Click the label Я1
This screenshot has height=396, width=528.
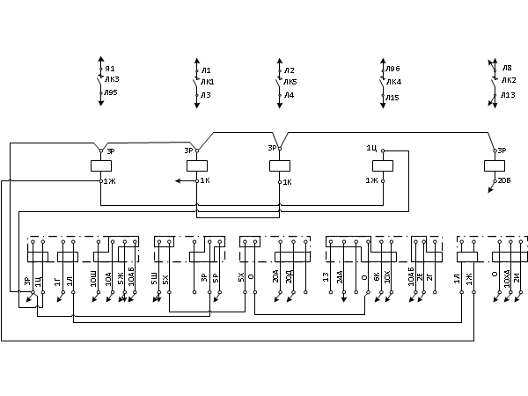pos(110,69)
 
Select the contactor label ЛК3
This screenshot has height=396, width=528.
pos(112,79)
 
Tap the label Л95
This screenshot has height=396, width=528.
pos(110,92)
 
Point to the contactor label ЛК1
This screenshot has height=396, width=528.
pos(207,82)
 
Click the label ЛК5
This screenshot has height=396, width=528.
pos(290,82)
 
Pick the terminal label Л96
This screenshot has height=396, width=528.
pos(392,69)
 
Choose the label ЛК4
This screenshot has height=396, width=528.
pos(393,82)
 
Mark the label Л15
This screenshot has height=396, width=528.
pos(392,98)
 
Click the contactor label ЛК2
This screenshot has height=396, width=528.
pos(509,80)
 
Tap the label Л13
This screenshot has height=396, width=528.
pos(508,95)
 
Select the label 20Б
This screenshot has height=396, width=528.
pos(504,180)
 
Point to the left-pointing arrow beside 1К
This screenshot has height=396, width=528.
pos(180,180)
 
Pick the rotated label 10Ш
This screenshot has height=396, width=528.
pos(94,281)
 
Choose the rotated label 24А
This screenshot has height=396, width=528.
pos(341,281)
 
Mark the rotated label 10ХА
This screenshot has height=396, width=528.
pos(508,281)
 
